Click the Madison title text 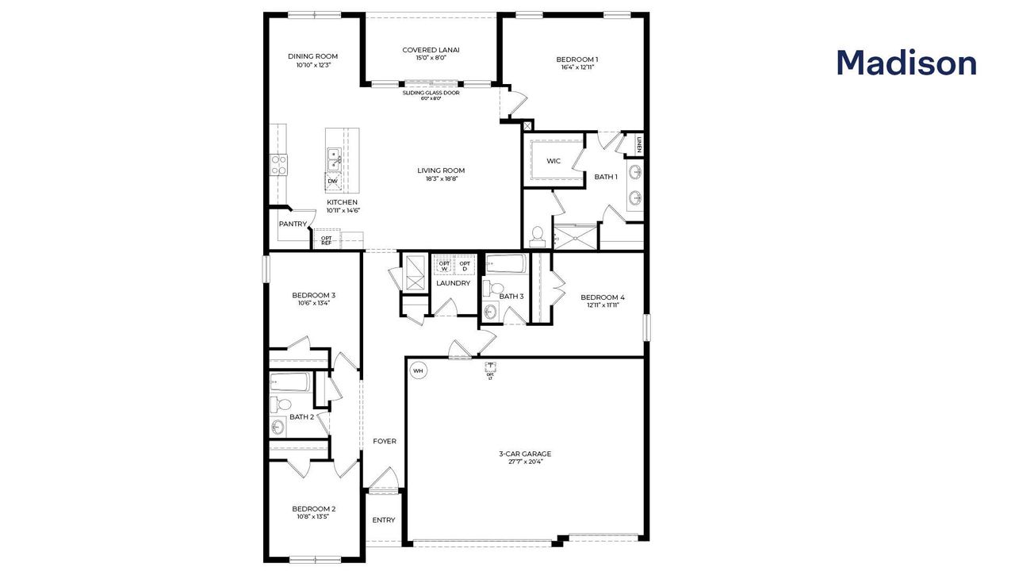click(906, 63)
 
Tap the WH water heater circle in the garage click(418, 370)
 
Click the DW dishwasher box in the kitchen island click(332, 182)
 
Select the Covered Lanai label click(431, 50)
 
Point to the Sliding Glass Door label click(431, 93)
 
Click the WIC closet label click(553, 161)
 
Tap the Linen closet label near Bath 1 click(638, 144)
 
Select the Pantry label click(292, 224)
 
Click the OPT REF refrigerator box click(327, 240)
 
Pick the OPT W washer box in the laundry click(444, 266)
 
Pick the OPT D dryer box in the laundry click(465, 266)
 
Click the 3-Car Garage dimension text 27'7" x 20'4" click(525, 462)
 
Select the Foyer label click(385, 441)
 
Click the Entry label click(384, 520)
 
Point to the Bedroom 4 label click(602, 297)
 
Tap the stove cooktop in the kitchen click(279, 164)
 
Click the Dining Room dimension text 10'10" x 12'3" click(312, 65)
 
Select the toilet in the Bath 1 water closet click(538, 235)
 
